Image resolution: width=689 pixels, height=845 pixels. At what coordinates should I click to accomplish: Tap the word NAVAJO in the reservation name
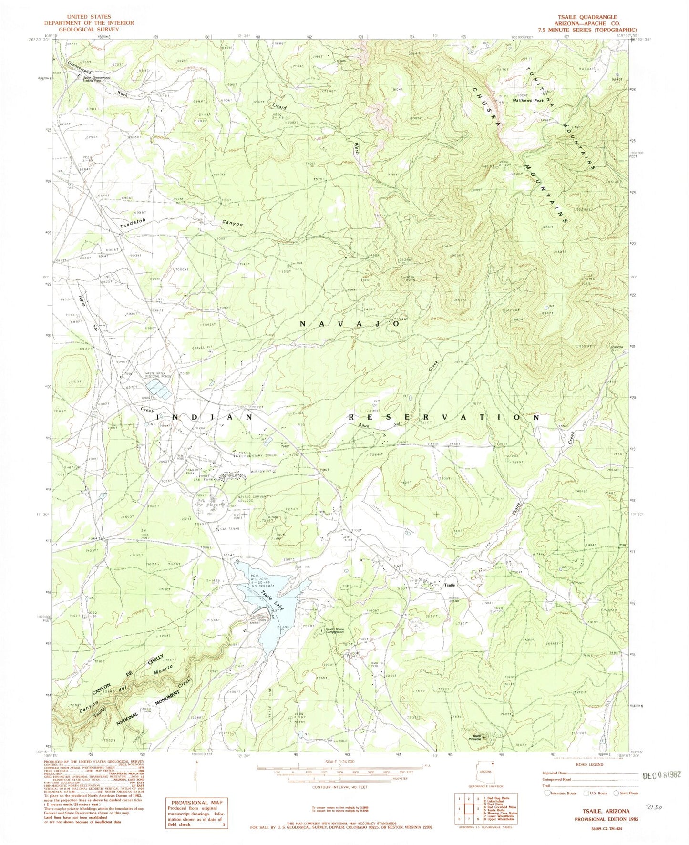tap(350, 324)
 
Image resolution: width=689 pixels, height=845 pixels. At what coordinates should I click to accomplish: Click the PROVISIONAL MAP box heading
tap(195, 802)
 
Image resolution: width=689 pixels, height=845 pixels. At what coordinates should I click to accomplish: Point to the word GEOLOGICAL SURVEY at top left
tap(89, 29)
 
